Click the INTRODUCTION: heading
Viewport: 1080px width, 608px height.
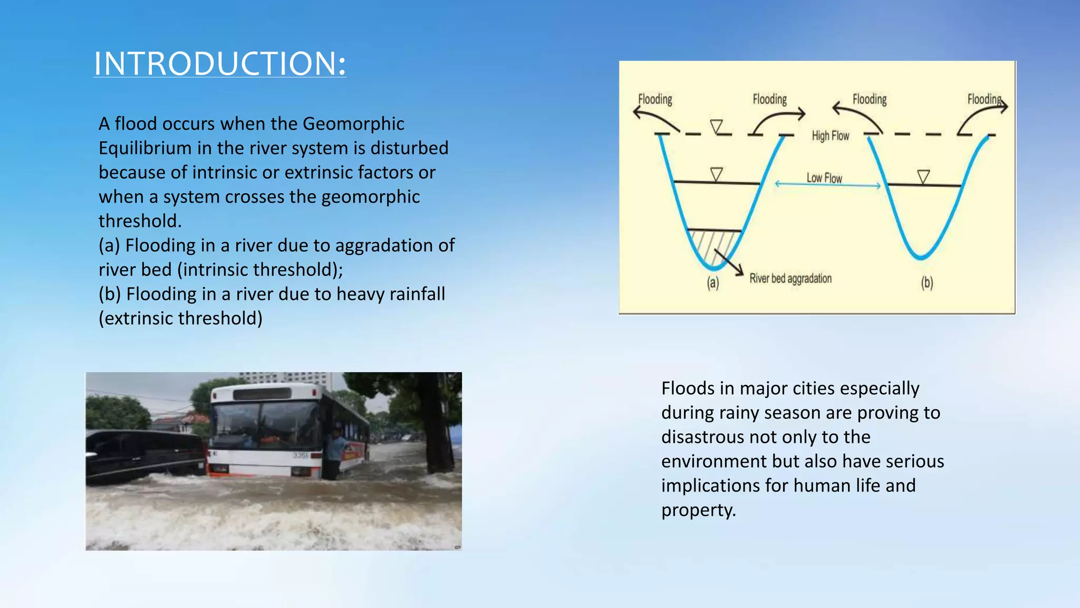click(x=220, y=63)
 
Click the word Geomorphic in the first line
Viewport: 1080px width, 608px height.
click(x=353, y=123)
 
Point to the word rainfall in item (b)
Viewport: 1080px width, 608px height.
click(x=417, y=294)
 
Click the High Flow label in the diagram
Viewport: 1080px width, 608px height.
click(x=830, y=136)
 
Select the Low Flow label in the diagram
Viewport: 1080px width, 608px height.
click(x=824, y=178)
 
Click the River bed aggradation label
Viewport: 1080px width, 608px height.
click(x=790, y=279)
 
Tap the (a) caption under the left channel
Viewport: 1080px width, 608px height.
click(x=712, y=282)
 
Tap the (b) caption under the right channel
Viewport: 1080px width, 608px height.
click(x=927, y=282)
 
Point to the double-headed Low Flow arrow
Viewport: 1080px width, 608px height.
click(x=827, y=185)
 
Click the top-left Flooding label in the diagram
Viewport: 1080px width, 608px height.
click(x=655, y=99)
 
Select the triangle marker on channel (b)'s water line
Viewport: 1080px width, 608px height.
click(x=923, y=176)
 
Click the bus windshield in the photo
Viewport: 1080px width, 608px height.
click(x=264, y=425)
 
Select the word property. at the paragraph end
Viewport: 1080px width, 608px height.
click(x=698, y=510)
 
